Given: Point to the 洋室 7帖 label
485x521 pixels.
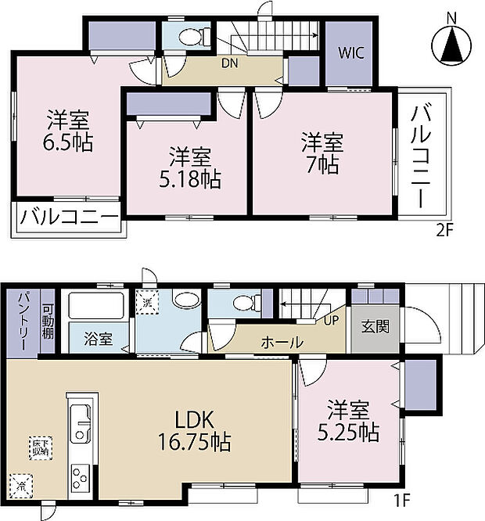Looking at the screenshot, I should [x=322, y=153].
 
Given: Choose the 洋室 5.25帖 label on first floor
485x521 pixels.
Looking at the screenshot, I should [x=347, y=420].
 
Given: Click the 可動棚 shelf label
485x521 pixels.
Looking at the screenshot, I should [x=47, y=321].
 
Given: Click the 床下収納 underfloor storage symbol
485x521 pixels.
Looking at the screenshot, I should [x=41, y=447].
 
